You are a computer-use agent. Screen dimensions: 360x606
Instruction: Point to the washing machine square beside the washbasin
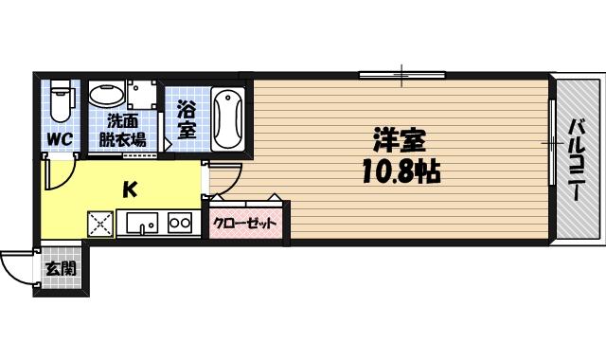point(143,96)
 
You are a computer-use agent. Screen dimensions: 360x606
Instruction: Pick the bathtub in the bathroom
point(229,119)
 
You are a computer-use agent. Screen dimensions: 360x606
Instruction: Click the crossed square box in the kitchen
point(100,224)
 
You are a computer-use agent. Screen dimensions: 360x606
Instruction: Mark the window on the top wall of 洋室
point(402,75)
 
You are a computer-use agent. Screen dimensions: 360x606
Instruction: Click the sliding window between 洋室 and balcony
point(551,142)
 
